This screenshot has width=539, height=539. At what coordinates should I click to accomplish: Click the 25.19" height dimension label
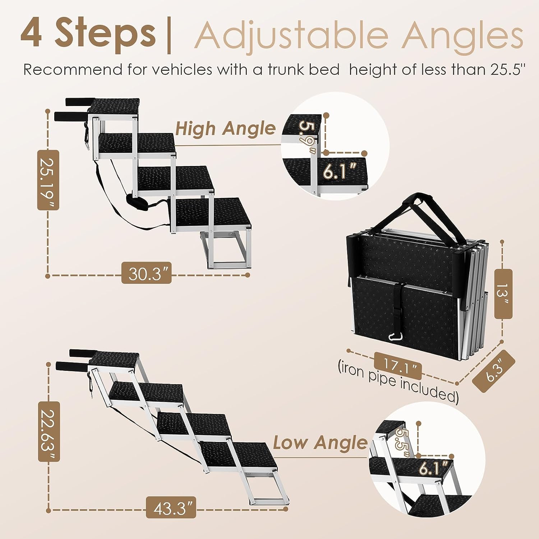pos(48,180)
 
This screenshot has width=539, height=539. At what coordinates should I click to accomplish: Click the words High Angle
pos(225,128)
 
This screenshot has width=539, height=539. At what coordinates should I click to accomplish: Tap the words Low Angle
pos(319,442)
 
